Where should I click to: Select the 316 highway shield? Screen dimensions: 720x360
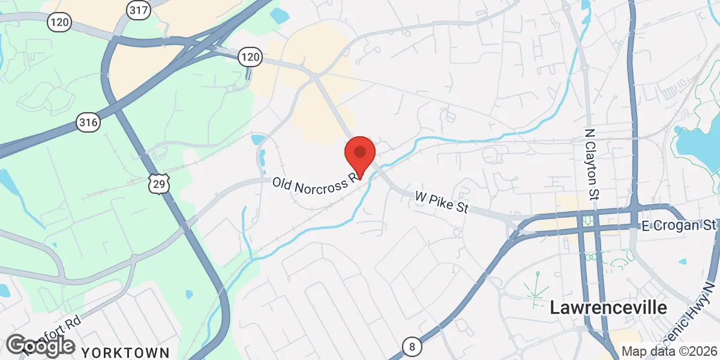coord(88,122)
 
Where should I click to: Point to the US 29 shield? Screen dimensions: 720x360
coord(159,183)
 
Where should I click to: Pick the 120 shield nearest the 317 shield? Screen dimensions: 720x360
coord(60,23)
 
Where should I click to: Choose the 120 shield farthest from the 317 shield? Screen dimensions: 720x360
coord(250,58)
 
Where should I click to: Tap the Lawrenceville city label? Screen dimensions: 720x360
coord(608,308)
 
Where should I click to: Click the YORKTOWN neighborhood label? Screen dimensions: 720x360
coord(125,352)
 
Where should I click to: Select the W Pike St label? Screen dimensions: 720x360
coord(440,203)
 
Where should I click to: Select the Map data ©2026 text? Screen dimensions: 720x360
coord(668,352)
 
